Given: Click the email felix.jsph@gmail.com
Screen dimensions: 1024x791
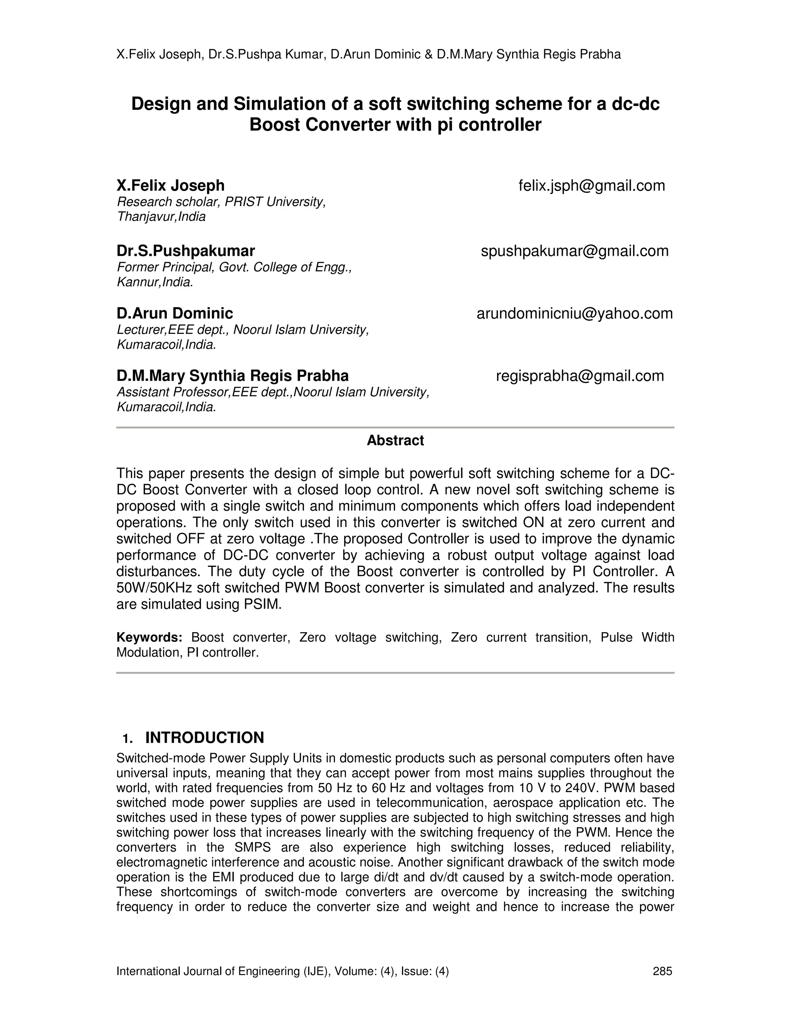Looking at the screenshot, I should (x=591, y=185).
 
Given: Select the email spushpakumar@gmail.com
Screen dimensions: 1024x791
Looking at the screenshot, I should (x=574, y=251).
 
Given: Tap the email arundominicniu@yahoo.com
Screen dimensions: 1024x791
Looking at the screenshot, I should (x=574, y=313).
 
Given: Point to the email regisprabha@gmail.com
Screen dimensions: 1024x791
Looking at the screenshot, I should (x=580, y=376).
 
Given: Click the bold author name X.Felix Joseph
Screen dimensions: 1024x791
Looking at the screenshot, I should (x=171, y=185).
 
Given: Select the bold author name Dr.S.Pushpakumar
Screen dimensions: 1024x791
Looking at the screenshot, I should (x=185, y=251).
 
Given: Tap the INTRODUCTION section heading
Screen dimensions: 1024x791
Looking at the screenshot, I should (x=204, y=738).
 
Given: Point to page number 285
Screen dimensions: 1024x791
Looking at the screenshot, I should (x=662, y=971).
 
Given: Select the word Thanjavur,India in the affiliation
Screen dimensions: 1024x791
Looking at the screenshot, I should (x=161, y=217).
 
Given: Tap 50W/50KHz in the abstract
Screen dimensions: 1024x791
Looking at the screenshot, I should (x=154, y=588).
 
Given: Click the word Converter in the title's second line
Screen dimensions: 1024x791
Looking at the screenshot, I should (x=348, y=125).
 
